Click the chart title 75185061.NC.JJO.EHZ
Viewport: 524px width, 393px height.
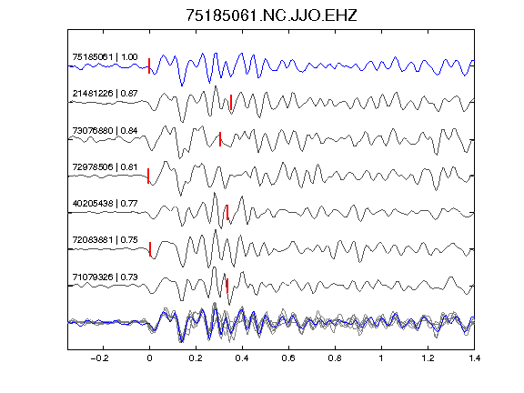coord(271,15)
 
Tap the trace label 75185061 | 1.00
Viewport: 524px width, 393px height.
coord(105,56)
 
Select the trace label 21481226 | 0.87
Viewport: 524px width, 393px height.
coord(105,93)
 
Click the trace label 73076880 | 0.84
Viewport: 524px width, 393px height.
coord(105,130)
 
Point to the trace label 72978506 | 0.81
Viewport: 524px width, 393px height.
coord(105,166)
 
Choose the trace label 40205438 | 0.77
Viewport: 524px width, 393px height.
coord(105,203)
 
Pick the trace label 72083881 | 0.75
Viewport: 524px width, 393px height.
coord(105,240)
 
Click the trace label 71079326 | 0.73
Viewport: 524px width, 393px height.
coord(105,277)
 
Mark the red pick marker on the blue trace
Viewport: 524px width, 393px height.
coord(149,65)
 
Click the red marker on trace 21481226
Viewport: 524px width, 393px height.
coord(231,102)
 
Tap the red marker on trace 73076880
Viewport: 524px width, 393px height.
coord(220,139)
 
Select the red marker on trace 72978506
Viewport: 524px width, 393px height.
coord(148,176)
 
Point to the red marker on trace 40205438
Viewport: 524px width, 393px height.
coord(227,212)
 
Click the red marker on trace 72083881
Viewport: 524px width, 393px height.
coord(150,249)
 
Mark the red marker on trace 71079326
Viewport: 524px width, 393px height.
coord(227,286)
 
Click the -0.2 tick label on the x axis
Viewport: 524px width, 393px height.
coord(99,358)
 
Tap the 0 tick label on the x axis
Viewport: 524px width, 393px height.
coord(149,358)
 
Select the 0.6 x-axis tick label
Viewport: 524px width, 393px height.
coord(288,358)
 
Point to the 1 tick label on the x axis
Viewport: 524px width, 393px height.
coord(381,358)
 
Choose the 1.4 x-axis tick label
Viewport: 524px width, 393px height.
coord(474,358)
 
